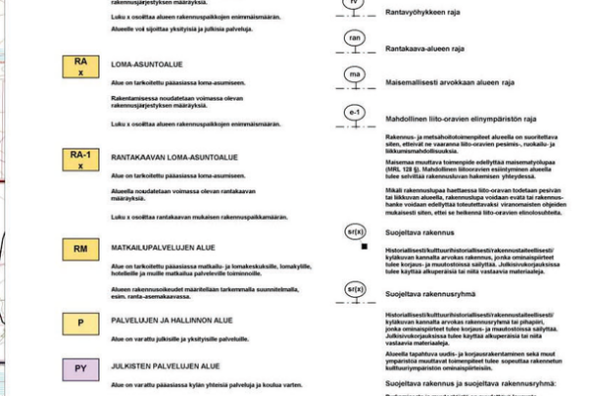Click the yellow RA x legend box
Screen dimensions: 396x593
coord(81,67)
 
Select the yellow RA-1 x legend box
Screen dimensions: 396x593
coord(81,159)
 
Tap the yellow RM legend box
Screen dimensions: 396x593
coord(81,248)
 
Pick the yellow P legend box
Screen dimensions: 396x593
coord(81,323)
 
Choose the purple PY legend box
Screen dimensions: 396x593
coord(81,370)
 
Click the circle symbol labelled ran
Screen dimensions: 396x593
coord(355,39)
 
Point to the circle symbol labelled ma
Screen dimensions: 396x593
coord(355,74)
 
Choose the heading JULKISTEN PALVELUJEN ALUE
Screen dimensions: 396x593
coord(163,366)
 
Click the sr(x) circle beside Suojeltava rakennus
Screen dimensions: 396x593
coord(356,230)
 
